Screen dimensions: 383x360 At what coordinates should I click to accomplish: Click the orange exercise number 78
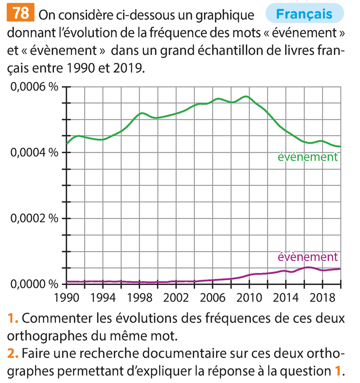coord(20,13)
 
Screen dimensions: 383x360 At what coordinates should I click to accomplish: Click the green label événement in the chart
coord(307,157)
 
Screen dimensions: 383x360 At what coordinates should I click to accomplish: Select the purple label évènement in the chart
coord(307,257)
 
